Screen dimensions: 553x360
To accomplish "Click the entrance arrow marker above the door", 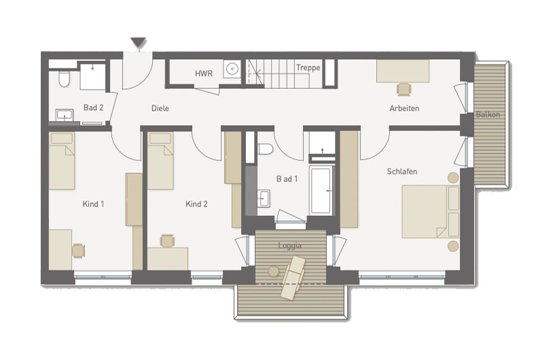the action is [x=138, y=43].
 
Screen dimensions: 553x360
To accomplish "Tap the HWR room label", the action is [x=204, y=73].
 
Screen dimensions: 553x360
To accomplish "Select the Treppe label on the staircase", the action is [x=308, y=67].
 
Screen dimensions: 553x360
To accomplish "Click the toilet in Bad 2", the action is [x=64, y=79].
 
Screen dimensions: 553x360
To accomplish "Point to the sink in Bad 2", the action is [x=65, y=115].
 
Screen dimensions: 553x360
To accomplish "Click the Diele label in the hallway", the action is [x=160, y=108].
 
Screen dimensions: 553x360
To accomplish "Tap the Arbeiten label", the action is [x=404, y=108].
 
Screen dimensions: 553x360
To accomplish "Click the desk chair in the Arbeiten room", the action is [x=404, y=89].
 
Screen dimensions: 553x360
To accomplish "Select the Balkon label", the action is [x=488, y=114].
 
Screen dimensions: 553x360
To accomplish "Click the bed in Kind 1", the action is [x=62, y=161].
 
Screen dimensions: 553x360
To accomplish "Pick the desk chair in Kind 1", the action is [x=78, y=251].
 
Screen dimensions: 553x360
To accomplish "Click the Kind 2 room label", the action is [x=196, y=204].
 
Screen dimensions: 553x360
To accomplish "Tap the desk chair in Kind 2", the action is [x=167, y=241].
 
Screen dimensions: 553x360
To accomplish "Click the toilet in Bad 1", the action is [x=265, y=149].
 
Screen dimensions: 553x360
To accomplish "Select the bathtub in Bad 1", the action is [x=321, y=190].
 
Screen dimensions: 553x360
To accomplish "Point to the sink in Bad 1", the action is [x=263, y=198].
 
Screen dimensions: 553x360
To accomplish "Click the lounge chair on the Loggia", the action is [x=293, y=278].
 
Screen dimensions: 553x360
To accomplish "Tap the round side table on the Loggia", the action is [x=273, y=272].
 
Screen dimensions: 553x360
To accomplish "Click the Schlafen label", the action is [x=402, y=171].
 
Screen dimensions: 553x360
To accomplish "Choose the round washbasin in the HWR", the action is [x=232, y=69].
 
